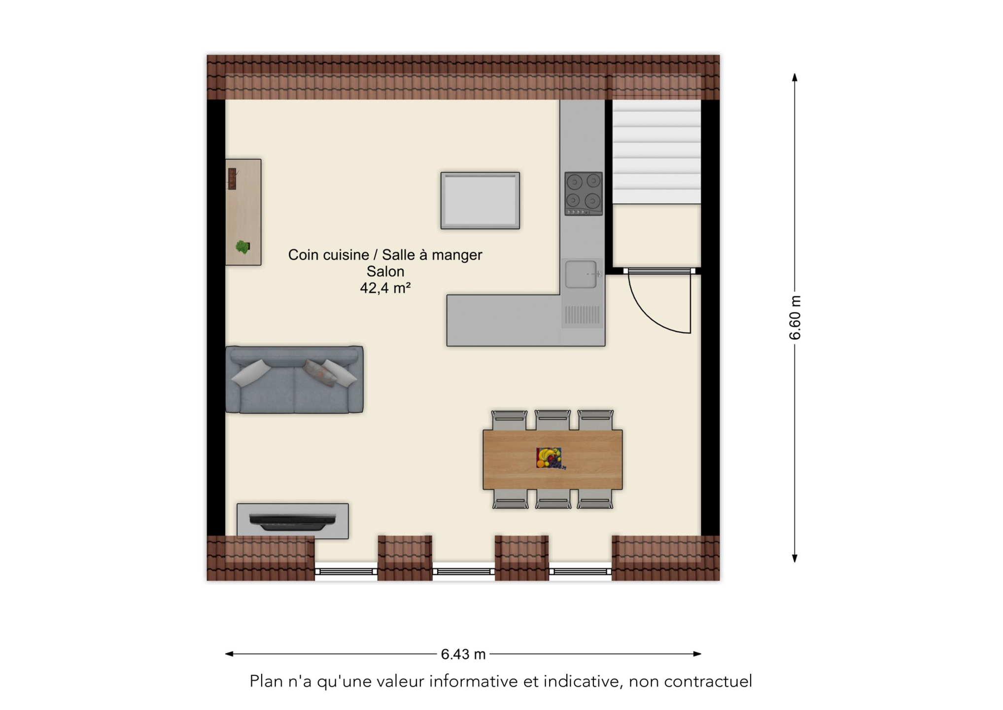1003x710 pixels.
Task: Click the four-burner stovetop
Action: (584, 194)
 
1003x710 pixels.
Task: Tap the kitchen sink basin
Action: (581, 274)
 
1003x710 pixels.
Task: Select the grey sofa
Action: (294, 380)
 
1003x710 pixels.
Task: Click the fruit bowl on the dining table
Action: (550, 458)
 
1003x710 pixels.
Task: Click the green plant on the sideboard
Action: (242, 247)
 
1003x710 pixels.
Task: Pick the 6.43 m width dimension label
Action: (463, 654)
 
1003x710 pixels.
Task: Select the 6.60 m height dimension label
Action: (795, 318)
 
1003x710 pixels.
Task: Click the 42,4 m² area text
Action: (385, 288)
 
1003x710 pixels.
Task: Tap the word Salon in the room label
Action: (385, 271)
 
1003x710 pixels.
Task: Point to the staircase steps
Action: (657, 152)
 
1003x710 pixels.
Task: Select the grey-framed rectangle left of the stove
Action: (480, 201)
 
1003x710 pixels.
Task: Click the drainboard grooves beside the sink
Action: (582, 315)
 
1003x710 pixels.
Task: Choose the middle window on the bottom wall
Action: (463, 571)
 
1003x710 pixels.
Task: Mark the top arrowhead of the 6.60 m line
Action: (795, 77)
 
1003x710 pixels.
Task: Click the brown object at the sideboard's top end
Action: (232, 178)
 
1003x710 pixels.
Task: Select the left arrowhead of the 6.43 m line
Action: (229, 654)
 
